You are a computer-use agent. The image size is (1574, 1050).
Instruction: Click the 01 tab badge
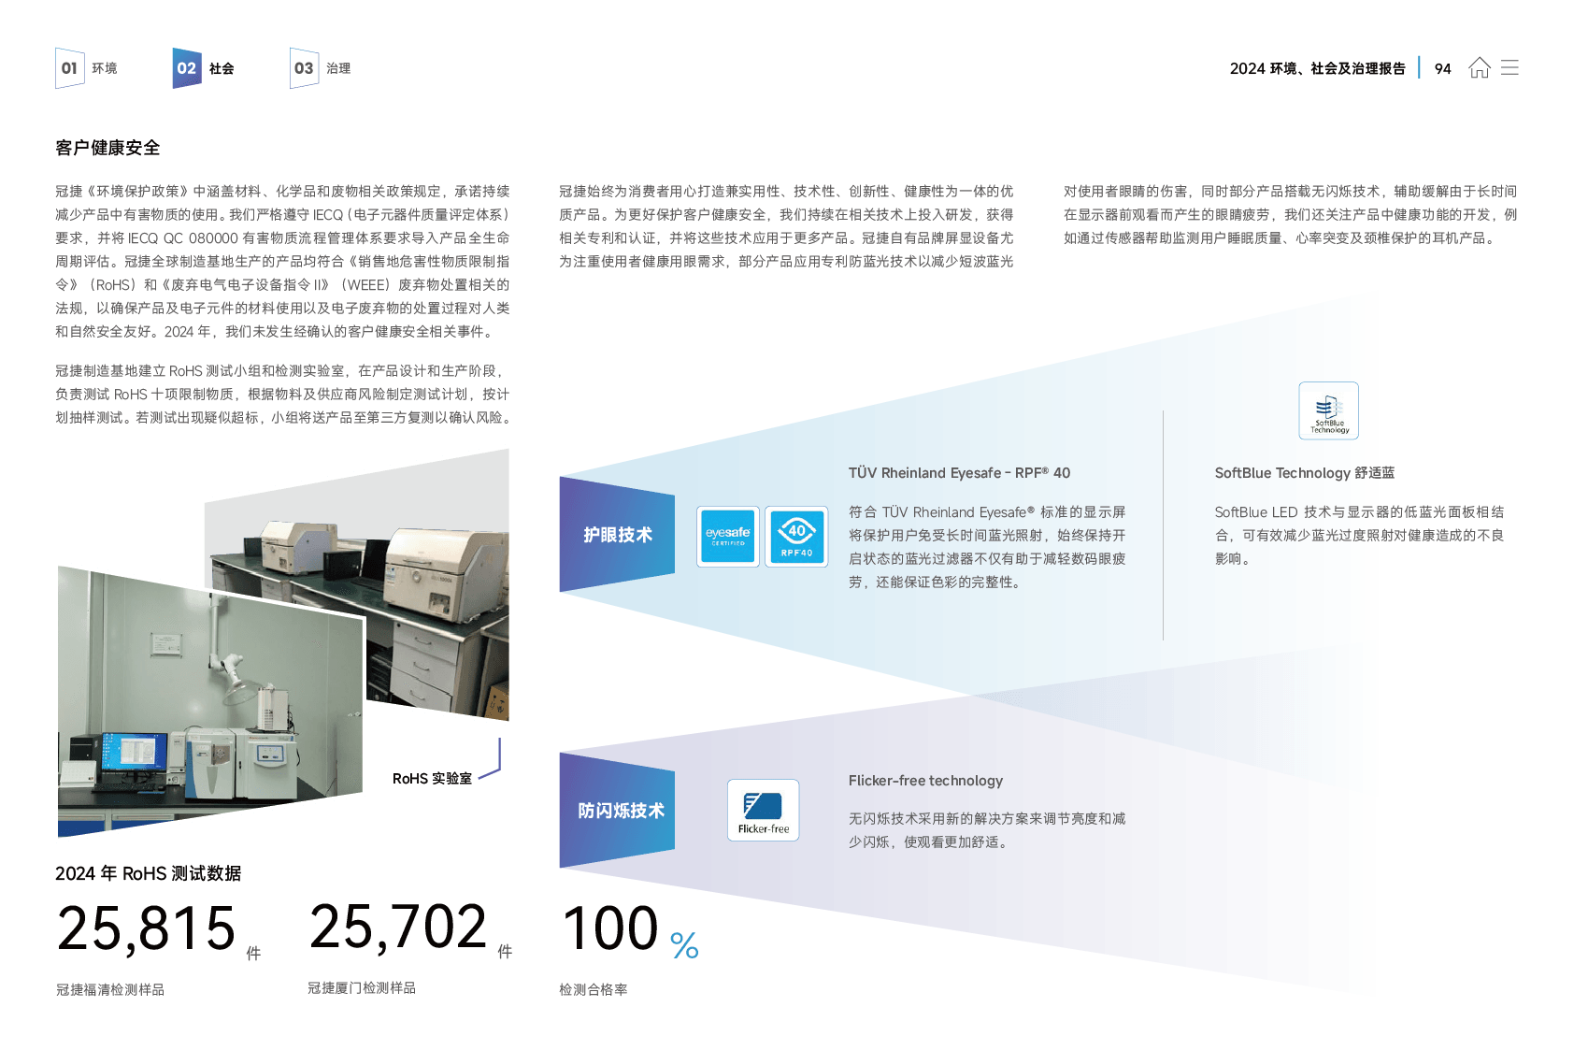(69, 68)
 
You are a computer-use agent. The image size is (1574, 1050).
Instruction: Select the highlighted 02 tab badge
(186, 68)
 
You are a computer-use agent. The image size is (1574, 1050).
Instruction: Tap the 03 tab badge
(304, 68)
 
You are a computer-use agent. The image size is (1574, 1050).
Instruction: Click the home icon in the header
(1479, 67)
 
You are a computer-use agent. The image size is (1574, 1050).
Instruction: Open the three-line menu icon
(1510, 67)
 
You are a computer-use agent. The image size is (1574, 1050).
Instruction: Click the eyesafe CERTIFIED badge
(727, 536)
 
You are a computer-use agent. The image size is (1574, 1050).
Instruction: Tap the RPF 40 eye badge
(796, 536)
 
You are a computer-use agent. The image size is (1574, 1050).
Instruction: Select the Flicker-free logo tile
(763, 810)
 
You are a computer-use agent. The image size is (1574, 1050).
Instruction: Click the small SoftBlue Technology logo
(1328, 412)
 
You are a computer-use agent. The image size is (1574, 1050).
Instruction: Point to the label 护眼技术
(618, 535)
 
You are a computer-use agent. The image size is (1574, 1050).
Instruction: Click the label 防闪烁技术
(621, 811)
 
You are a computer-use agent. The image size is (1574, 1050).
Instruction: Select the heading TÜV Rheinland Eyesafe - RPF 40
(959, 473)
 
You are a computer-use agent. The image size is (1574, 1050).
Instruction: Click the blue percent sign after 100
(684, 945)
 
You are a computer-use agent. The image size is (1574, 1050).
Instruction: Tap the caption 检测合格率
(593, 989)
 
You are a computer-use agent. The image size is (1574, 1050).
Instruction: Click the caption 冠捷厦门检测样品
(361, 987)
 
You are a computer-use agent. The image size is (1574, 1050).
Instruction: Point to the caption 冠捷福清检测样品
(109, 989)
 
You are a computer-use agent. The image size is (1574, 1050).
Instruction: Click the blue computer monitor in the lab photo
(134, 751)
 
